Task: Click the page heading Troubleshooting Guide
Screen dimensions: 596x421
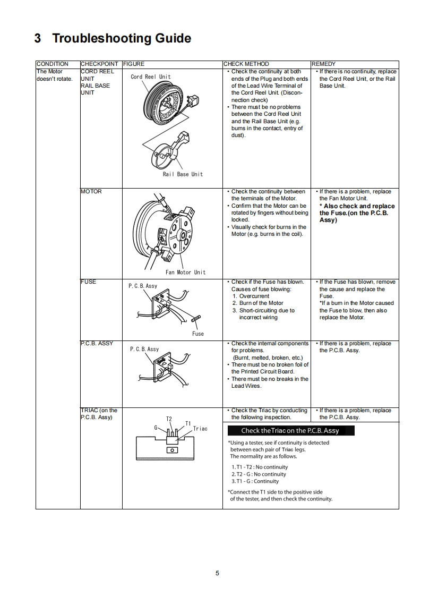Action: tap(113, 38)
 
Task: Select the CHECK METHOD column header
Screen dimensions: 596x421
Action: tap(246, 64)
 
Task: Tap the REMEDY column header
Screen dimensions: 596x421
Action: tap(323, 64)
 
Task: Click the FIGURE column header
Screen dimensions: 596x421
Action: tap(133, 64)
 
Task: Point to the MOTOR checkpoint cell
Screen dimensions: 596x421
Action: tap(91, 191)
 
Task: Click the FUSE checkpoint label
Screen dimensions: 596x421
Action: tap(88, 282)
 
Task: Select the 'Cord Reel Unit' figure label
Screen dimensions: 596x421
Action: tap(151, 76)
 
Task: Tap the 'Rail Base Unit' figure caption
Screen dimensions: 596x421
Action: tap(183, 174)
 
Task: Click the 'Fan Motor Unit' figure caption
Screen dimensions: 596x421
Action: tap(185, 273)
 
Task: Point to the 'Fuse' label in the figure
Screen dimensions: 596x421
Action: tap(198, 334)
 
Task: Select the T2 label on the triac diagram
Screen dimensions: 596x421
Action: tap(169, 419)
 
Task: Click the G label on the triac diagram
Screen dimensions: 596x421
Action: tap(156, 427)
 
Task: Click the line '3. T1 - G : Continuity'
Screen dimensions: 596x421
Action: tap(255, 481)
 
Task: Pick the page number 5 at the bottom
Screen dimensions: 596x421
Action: tap(217, 573)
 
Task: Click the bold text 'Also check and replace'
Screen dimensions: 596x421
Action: tap(357, 206)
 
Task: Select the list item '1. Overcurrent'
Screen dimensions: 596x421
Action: tap(251, 296)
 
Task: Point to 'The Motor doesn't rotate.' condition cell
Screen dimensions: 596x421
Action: tap(54, 75)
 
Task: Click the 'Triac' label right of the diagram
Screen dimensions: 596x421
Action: tap(200, 428)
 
